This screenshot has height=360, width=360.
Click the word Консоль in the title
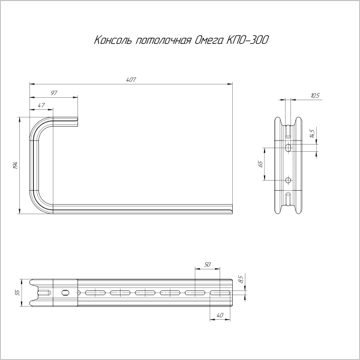coord(113,41)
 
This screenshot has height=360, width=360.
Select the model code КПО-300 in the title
coord(248,41)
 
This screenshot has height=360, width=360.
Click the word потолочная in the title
coord(162,41)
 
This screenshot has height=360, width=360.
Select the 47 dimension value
coord(41,105)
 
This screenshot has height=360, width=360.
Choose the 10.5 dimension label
coord(316,95)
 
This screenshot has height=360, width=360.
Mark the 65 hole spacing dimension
coord(261,163)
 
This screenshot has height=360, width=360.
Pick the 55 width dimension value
coord(18,292)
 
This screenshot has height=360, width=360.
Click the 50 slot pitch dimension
coord(208,265)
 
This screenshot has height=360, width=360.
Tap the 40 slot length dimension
coord(220,316)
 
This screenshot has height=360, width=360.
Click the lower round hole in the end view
coord(288,180)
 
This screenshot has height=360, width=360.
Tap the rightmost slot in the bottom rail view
coord(220,292)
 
